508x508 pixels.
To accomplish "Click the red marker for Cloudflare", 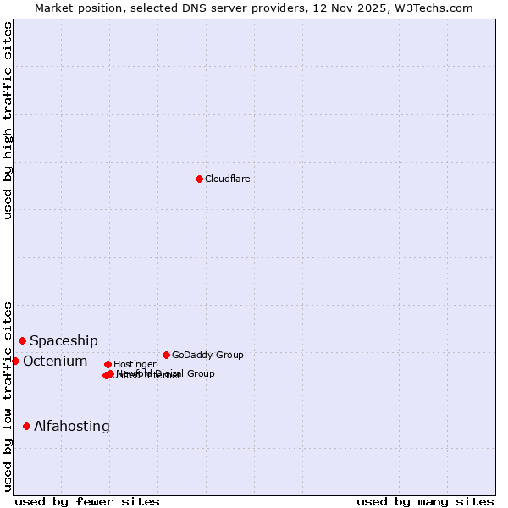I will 199,179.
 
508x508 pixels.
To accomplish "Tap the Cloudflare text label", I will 227,179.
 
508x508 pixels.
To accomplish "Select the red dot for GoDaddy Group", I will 166,355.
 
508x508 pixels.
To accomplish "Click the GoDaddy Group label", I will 207,355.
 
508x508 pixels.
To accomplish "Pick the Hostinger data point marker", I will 108,364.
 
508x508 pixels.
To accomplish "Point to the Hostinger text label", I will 135,364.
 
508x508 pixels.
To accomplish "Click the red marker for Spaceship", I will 22,340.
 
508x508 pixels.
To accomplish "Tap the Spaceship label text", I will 63,340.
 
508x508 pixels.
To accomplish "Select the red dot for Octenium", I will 15,361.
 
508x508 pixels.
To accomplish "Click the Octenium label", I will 55,362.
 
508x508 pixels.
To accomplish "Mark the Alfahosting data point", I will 26,426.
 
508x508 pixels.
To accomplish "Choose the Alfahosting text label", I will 72,427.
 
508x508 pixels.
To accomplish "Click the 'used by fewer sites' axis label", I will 87,501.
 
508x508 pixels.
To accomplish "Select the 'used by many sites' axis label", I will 425,501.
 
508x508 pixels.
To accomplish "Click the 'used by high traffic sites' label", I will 8,120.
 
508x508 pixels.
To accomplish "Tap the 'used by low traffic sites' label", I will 8,396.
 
